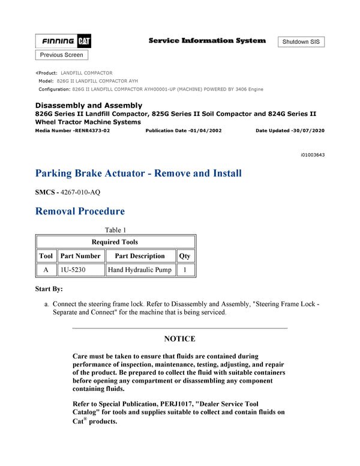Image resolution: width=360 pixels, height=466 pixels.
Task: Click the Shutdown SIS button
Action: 301,41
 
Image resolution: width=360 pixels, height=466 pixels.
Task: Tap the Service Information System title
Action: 207,41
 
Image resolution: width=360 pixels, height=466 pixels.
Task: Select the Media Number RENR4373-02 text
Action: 73,130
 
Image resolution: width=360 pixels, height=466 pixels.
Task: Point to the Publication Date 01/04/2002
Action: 184,130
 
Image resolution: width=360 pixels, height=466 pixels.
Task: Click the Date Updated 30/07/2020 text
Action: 290,130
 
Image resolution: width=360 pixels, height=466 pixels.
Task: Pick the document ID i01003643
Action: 313,155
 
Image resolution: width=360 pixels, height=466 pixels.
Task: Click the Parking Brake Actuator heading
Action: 139,174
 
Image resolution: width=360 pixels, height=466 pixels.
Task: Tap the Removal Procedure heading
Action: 80,211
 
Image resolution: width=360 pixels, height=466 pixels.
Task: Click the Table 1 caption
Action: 115,230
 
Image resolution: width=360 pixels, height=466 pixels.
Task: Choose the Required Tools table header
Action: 115,242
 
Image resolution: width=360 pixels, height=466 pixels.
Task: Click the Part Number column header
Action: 80,256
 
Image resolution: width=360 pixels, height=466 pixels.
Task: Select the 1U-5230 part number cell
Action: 73,270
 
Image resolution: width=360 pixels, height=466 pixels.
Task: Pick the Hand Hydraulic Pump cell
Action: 139,270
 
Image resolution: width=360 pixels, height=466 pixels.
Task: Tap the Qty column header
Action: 185,256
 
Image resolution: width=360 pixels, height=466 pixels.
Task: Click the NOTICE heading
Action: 179,339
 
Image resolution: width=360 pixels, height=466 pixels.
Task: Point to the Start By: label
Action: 49,289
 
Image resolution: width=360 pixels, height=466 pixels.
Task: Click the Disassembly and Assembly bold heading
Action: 89,105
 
